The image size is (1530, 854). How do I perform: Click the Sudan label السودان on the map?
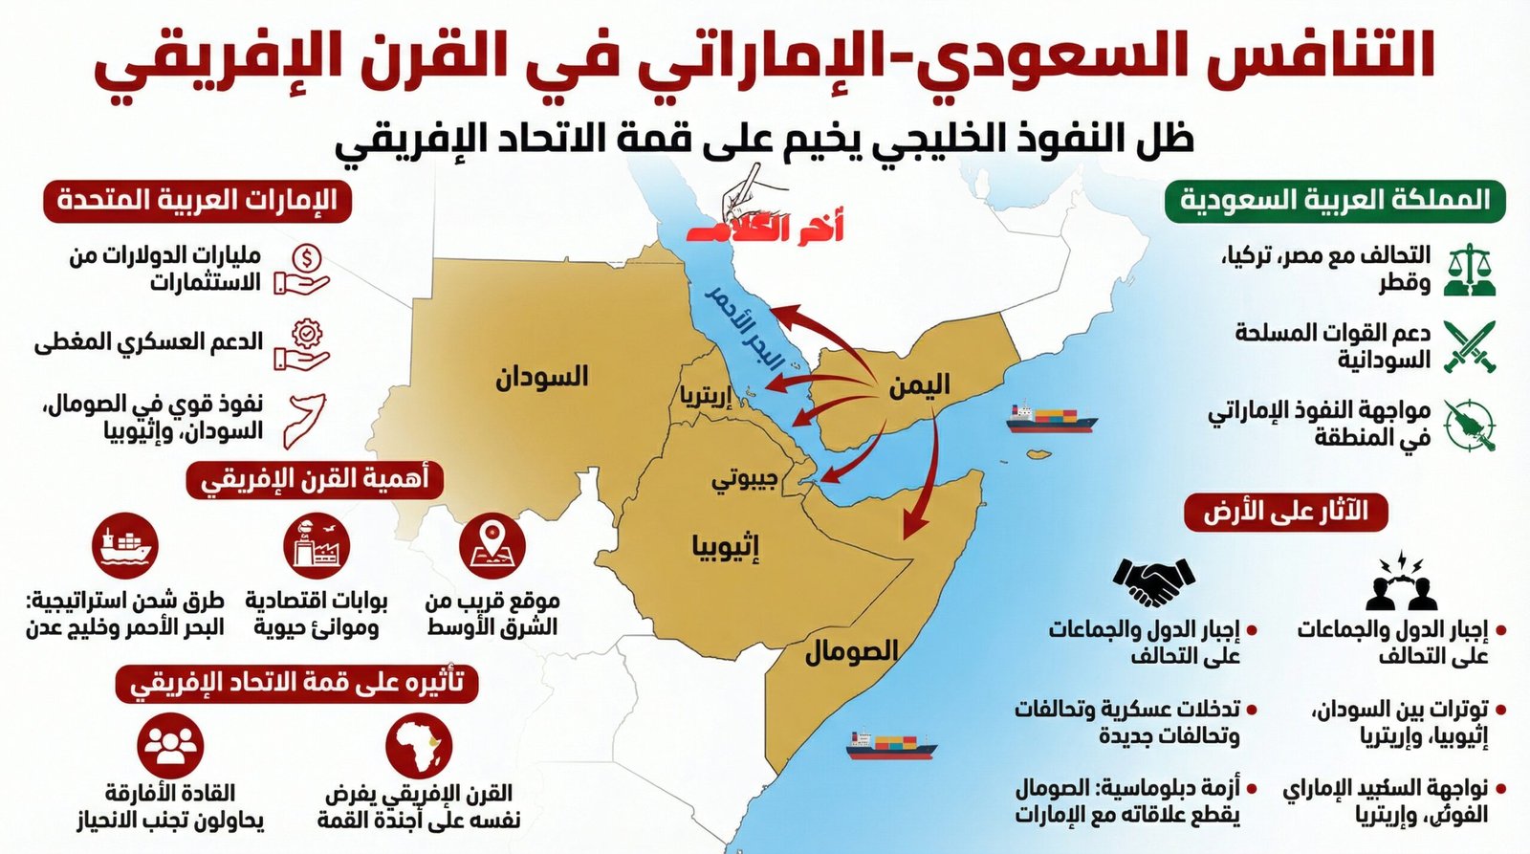click(541, 377)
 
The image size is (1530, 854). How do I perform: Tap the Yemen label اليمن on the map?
click(919, 385)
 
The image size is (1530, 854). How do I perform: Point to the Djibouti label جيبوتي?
click(744, 479)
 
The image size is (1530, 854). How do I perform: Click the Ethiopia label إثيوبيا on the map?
click(726, 547)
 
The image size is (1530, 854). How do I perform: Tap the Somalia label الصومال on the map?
click(850, 652)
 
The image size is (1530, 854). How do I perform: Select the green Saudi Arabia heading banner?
click(1335, 201)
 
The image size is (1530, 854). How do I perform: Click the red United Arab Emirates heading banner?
click(197, 201)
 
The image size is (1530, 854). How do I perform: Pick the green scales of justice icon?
click(1470, 270)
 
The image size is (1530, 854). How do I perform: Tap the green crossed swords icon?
click(1470, 346)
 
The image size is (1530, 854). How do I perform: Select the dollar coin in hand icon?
click(303, 270)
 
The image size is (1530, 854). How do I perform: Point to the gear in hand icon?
click(303, 345)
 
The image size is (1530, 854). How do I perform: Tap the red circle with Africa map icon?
click(419, 744)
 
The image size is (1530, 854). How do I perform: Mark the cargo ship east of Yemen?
click(1050, 419)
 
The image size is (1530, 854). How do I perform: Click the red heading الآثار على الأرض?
click(1285, 513)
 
